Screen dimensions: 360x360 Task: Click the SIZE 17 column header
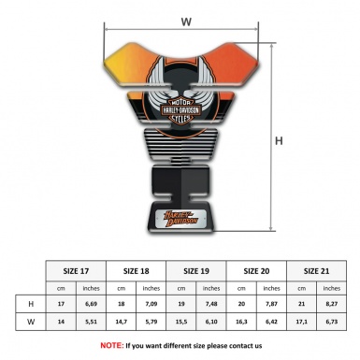coord(76,271)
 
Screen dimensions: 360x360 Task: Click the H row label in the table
coord(31,305)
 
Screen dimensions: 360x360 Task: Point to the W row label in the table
coord(31,323)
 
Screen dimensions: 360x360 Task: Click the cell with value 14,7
coord(122,323)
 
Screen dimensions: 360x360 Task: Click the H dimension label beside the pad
coord(279,142)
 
